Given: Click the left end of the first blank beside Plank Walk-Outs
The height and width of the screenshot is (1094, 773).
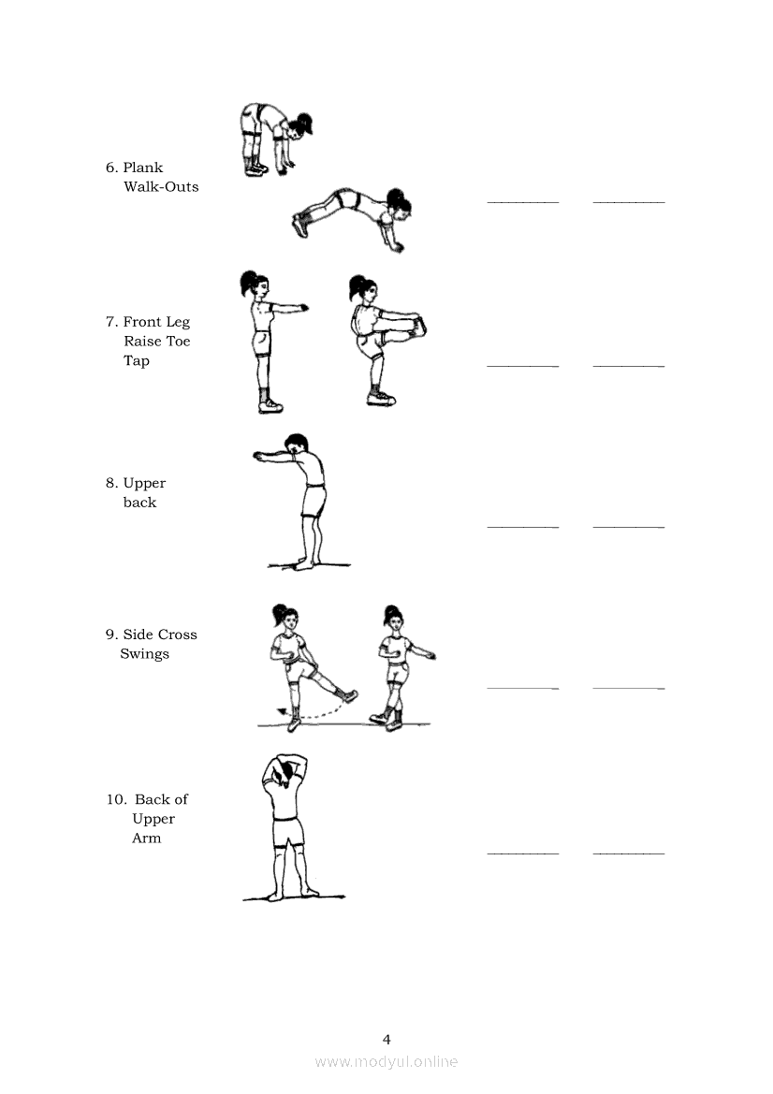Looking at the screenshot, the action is tap(487, 202).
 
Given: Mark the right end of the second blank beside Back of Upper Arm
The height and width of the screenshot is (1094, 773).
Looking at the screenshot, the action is tap(664, 853).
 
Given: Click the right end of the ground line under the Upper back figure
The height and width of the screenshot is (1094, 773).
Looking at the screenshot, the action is tap(350, 564).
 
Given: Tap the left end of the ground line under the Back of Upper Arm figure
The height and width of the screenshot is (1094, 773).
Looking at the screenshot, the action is tap(242, 900).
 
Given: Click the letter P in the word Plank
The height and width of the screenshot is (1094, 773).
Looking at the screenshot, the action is tap(127, 168).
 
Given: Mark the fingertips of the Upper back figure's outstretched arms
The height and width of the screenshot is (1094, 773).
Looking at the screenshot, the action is tap(255, 457).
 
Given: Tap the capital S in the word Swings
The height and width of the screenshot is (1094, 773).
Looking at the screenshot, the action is tap(124, 654).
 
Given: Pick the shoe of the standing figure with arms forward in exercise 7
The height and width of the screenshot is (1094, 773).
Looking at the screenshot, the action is tap(270, 406).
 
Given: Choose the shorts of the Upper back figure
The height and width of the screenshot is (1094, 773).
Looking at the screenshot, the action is tap(314, 501).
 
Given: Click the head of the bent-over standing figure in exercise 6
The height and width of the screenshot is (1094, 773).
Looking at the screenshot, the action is tap(301, 124).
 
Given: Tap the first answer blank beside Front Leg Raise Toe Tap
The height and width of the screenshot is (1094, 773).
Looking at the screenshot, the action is tap(523, 366).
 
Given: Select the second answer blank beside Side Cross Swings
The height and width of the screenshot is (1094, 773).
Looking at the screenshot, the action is tap(629, 688).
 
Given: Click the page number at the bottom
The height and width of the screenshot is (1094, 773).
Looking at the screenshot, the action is tap(386, 1039).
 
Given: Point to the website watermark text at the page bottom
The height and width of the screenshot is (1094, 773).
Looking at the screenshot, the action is tap(386, 1061).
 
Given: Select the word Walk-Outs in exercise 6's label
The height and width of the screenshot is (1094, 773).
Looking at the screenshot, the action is tap(161, 187).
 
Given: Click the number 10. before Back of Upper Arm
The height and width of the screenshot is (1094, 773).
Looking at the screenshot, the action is tap(116, 799).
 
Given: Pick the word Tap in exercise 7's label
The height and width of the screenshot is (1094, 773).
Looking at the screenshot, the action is tap(137, 360).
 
